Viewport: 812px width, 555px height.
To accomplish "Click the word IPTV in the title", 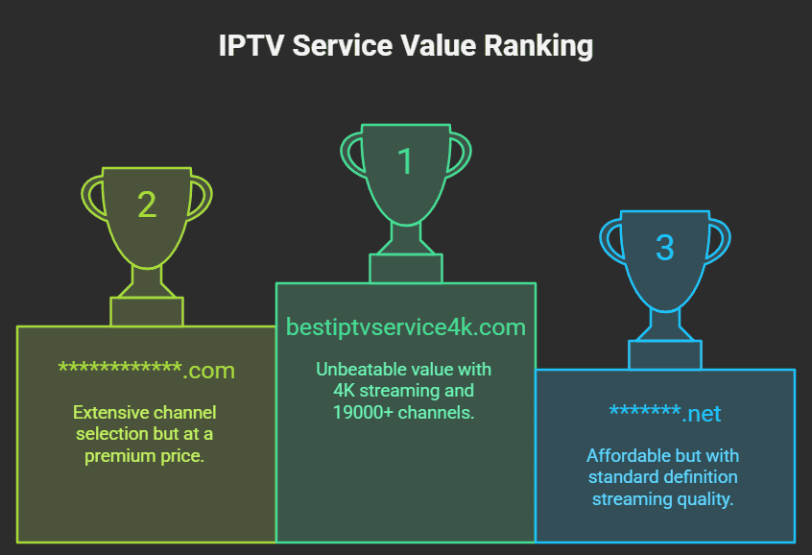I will [x=251, y=46].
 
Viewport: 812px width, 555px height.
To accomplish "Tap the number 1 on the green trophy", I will [x=405, y=161].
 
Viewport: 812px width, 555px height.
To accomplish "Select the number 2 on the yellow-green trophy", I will [x=146, y=205].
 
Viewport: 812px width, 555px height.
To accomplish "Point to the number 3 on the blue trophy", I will [x=664, y=248].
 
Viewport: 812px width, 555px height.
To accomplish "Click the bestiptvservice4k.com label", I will [x=406, y=327].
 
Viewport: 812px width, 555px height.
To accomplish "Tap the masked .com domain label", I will [x=146, y=370].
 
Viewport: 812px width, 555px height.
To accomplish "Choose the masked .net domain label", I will [x=664, y=414].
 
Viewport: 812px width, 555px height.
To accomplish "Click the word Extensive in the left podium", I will [x=110, y=413].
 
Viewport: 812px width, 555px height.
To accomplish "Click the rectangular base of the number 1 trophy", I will [x=406, y=269].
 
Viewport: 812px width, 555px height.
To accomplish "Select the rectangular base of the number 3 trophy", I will [x=664, y=354].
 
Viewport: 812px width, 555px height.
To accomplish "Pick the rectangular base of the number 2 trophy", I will [x=146, y=311].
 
